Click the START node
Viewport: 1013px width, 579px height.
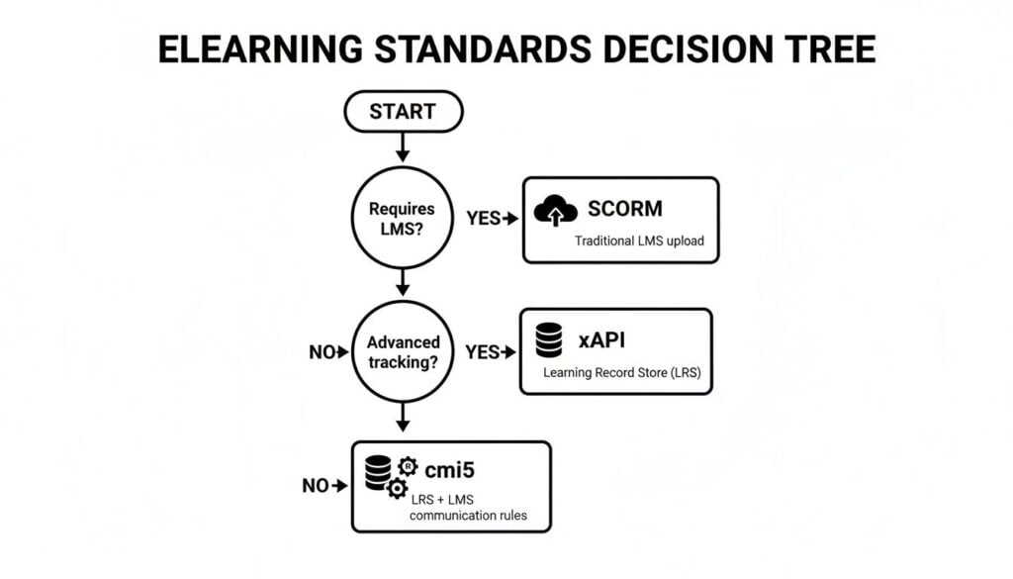[x=403, y=112]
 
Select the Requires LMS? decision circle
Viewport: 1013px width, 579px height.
[x=403, y=218]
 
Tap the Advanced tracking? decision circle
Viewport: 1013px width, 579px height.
[x=403, y=351]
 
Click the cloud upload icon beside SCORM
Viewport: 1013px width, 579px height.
[x=556, y=211]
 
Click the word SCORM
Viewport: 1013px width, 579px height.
[x=624, y=209]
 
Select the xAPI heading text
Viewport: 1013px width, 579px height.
[x=601, y=341]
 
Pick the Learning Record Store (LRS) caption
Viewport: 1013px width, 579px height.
[x=614, y=373]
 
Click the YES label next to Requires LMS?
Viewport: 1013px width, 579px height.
[x=484, y=218]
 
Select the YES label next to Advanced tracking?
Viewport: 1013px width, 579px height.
[x=483, y=351]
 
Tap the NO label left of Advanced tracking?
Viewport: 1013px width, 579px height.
[x=322, y=351]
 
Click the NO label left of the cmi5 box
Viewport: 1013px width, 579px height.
[x=316, y=485]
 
